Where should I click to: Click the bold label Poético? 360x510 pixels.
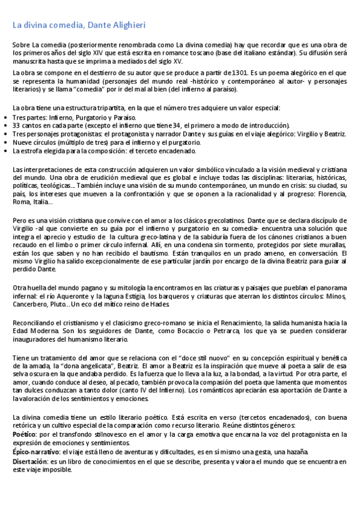click(23, 434)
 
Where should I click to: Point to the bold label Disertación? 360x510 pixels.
click(29, 461)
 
